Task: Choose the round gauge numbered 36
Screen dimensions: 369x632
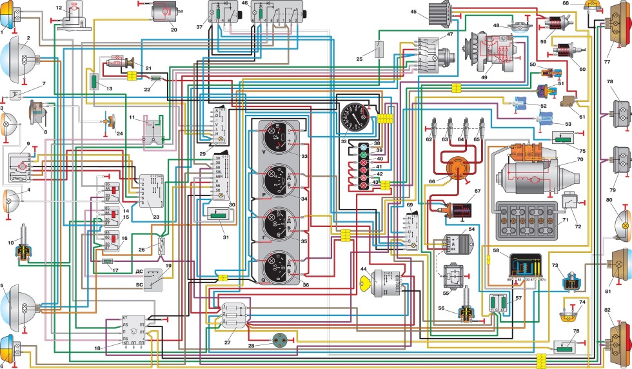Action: point(281,264)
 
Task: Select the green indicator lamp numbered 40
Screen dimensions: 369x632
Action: point(364,156)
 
